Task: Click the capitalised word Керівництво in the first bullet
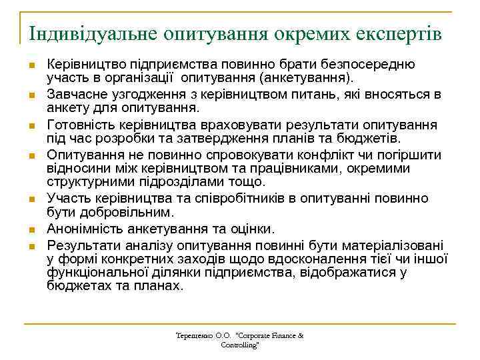point(84,65)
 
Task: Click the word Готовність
point(78,125)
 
